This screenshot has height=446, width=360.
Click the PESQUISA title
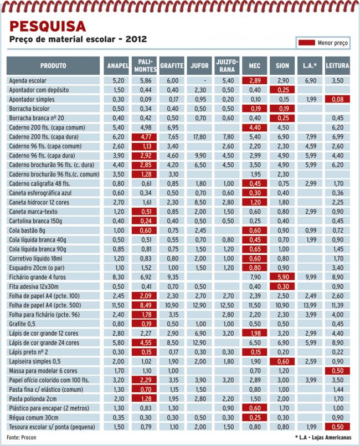point(48,27)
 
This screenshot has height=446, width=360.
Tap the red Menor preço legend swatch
point(306,43)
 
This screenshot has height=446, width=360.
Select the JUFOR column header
point(199,66)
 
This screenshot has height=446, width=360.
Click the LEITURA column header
point(337,66)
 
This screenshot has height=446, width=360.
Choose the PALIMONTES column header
point(145,66)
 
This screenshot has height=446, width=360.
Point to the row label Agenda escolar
point(28,80)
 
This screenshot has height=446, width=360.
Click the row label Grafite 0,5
point(22,324)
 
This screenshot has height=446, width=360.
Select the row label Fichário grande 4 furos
point(37,277)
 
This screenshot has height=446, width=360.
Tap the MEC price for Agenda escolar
point(255,80)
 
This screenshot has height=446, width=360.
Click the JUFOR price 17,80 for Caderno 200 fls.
point(199,137)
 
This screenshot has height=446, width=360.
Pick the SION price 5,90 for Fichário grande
point(282,277)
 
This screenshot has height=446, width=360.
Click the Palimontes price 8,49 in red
point(145,305)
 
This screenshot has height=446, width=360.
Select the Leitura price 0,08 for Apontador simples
point(337,99)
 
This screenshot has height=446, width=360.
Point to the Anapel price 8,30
point(119,277)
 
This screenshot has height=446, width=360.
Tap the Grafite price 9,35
point(173,277)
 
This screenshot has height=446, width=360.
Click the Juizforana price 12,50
point(227,305)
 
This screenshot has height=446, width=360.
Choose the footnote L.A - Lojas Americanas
point(323,438)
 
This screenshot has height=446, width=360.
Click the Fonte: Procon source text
point(22,438)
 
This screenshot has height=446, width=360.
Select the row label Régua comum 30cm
point(34,418)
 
